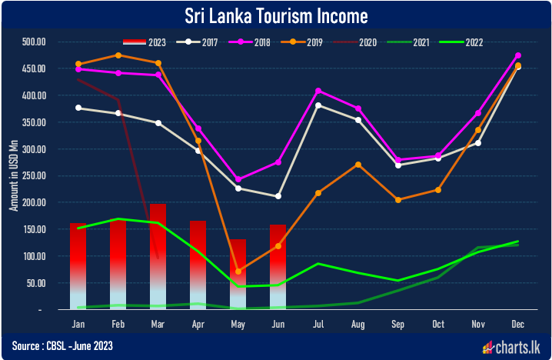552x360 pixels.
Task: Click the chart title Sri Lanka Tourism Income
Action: coord(276,15)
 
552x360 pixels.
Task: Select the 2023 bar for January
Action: coord(78,265)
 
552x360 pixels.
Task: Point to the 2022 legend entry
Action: coord(464,42)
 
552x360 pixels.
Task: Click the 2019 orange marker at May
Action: coord(238,272)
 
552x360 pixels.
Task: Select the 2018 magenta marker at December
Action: coord(517,55)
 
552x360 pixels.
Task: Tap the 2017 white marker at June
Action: coord(278,196)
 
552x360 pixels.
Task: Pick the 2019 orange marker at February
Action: coord(118,55)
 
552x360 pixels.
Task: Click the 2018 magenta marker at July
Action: coord(318,91)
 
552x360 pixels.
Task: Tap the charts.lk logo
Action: coord(513,347)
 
